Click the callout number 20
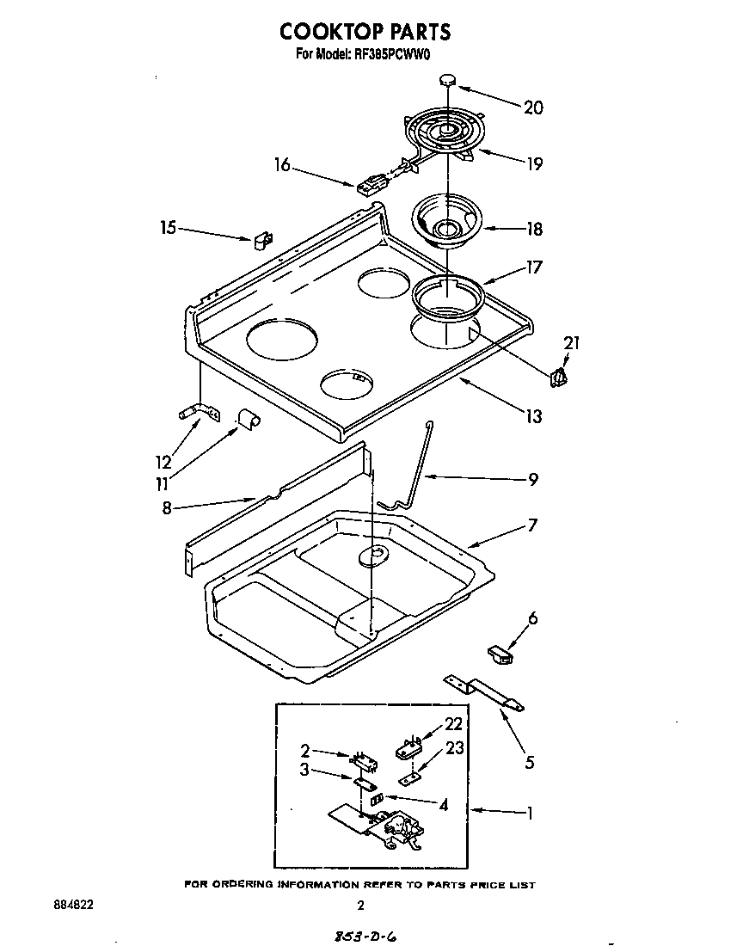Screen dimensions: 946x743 click(x=533, y=107)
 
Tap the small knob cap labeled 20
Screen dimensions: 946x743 click(x=447, y=80)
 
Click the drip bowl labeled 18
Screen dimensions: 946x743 click(x=448, y=222)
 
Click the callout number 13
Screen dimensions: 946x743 click(x=533, y=416)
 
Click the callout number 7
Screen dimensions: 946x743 click(x=532, y=525)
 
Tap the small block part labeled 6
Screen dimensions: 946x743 click(x=497, y=656)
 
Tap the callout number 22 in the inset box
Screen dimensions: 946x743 click(x=453, y=724)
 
